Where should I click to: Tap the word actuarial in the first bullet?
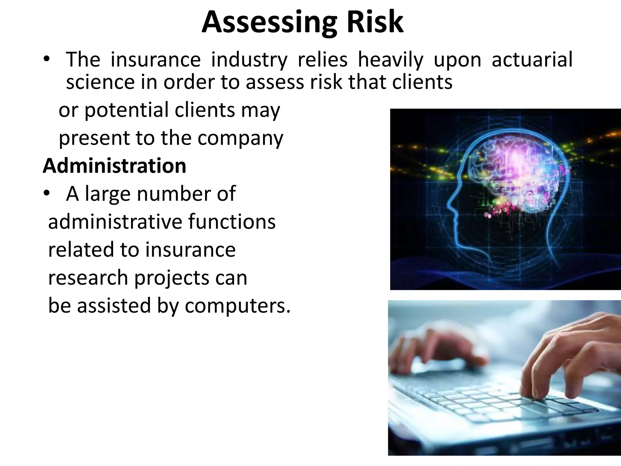point(532,59)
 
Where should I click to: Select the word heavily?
point(390,60)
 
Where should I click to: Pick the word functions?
point(232,222)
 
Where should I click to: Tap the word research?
point(88,278)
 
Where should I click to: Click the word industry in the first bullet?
point(249,60)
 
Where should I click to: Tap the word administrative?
point(115,222)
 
